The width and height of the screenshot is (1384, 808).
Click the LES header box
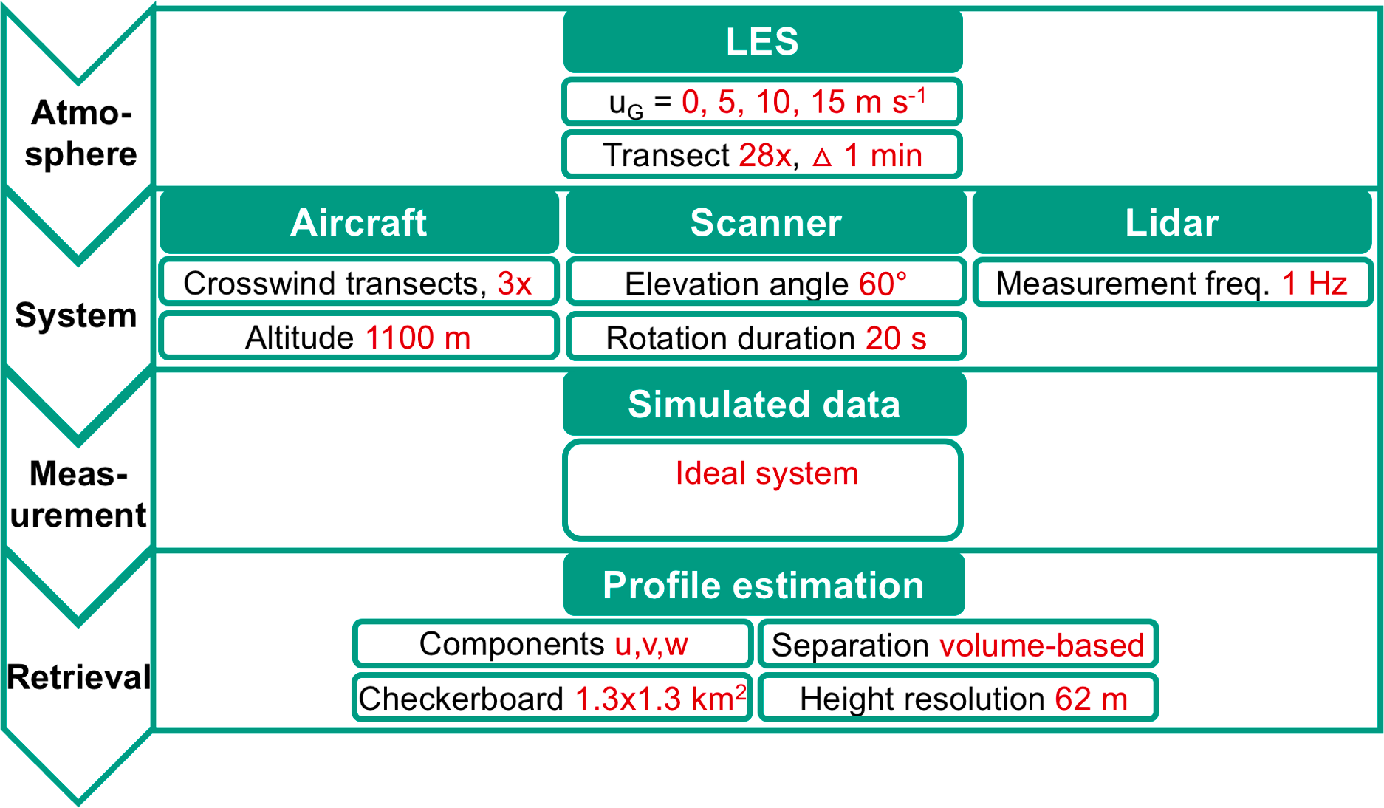click(x=762, y=41)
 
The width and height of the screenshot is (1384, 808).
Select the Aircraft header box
click(x=358, y=222)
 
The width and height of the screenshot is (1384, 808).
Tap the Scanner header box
click(x=765, y=222)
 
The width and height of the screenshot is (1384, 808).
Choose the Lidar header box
click(x=1171, y=222)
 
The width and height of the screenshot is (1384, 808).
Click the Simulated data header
click(x=764, y=404)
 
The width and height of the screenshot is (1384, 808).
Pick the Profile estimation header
click(x=764, y=585)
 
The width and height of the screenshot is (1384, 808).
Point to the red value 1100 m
click(x=418, y=338)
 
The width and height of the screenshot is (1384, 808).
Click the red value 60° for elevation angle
click(x=883, y=284)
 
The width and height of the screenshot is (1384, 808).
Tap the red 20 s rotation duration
click(x=895, y=338)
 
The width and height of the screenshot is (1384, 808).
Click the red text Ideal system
click(x=767, y=473)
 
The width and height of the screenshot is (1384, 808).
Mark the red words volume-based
click(x=1041, y=646)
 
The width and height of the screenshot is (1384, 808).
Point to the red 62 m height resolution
click(x=1091, y=699)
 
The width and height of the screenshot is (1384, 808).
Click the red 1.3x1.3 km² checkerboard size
click(x=660, y=699)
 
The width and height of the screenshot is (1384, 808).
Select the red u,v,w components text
click(x=651, y=645)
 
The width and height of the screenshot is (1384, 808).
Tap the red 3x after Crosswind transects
click(x=514, y=284)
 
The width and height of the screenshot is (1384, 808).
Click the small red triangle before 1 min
click(x=822, y=157)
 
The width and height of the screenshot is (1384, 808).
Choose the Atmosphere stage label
click(x=80, y=133)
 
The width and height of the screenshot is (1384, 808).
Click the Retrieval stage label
click(x=78, y=677)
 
